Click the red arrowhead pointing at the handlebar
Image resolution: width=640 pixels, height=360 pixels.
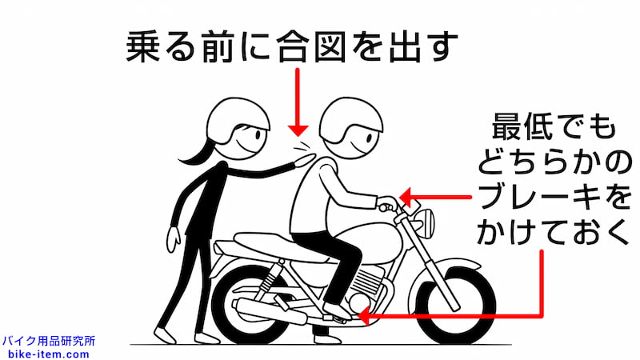tap(406, 197)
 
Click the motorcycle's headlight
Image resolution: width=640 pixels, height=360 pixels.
tap(424, 217)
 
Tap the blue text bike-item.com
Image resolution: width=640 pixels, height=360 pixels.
tap(47, 353)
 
